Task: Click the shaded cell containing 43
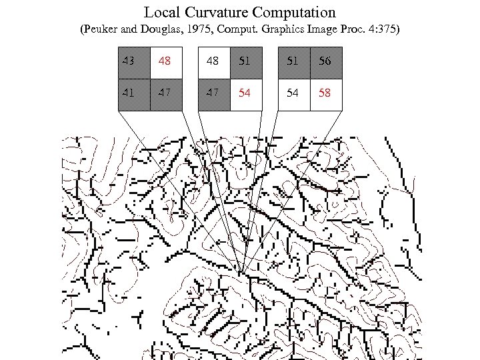point(134,62)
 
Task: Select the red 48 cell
point(165,62)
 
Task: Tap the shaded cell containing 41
point(134,93)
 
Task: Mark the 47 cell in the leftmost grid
point(165,93)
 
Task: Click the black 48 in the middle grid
point(213,62)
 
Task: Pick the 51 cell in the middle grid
point(245,62)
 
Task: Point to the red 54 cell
point(245,93)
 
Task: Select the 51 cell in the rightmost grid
point(293,62)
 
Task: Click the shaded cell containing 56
point(325,62)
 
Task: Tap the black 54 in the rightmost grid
point(293,93)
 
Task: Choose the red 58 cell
point(325,93)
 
